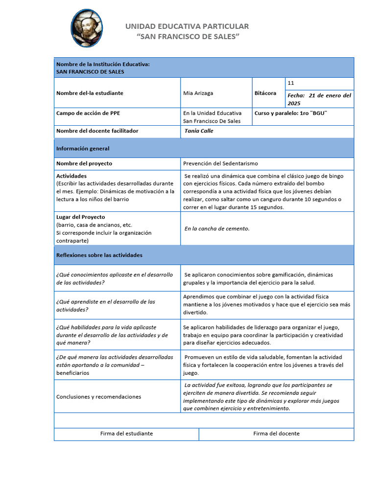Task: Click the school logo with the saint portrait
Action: coord(87,28)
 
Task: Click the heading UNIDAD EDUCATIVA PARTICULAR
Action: coord(187,26)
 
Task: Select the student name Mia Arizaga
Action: coord(198,93)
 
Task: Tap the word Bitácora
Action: coord(265,93)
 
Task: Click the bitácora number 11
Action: coord(291,83)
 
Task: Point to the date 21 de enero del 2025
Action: coord(319,99)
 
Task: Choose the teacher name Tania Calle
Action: coord(199,131)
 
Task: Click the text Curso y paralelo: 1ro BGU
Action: coord(290,113)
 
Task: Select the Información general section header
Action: coord(83,148)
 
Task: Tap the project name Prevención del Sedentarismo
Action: coord(220,163)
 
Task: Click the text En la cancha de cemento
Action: coord(217,228)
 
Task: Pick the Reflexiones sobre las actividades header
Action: coord(99,255)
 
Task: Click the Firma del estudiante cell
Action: coord(126,433)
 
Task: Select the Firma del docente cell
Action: coord(276,433)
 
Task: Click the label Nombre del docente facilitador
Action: coord(97,131)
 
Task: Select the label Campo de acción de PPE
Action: coord(88,113)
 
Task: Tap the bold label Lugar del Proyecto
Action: coord(81,217)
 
